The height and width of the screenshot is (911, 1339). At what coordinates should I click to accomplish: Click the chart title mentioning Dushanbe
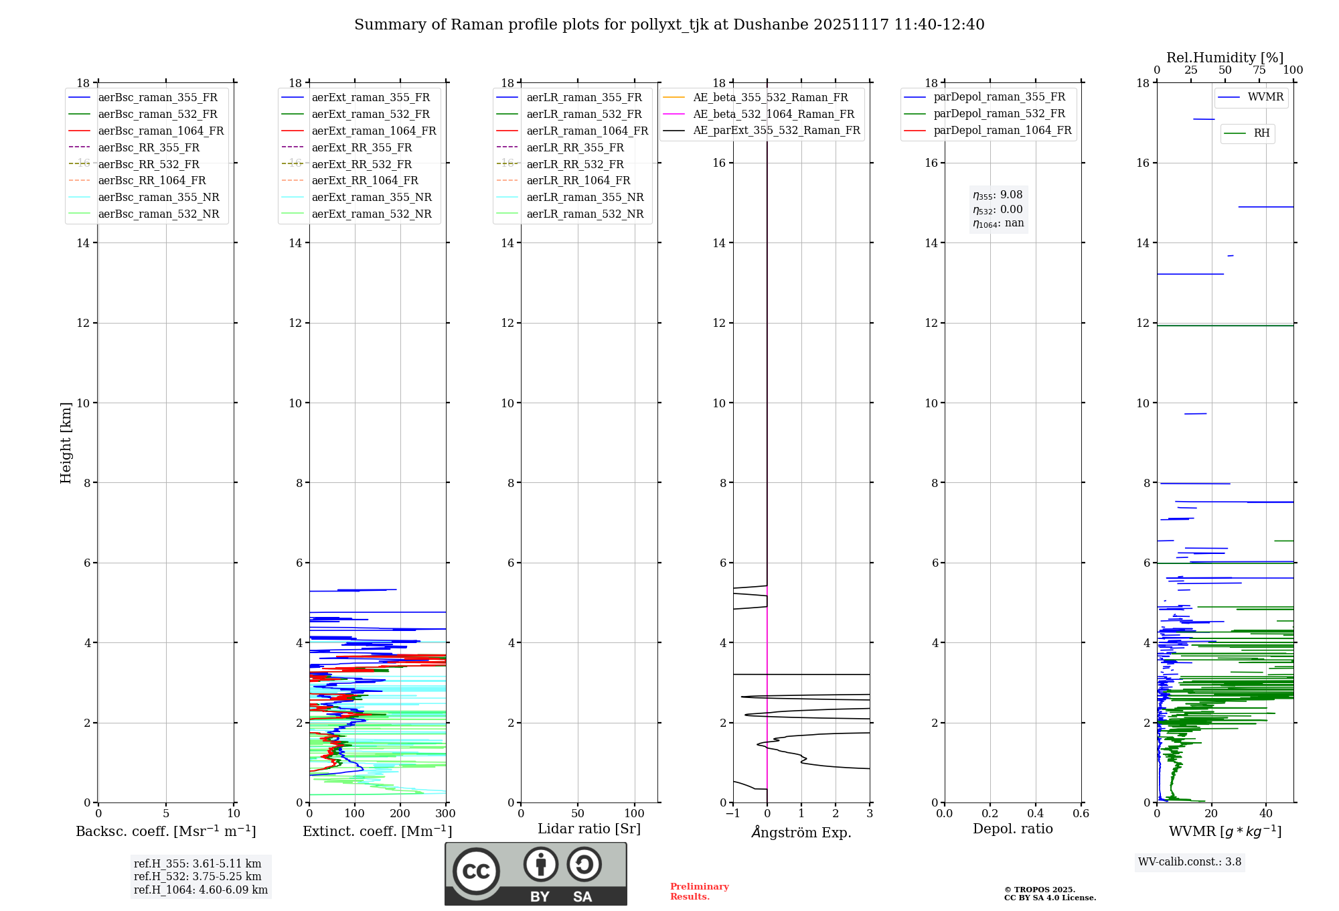669,25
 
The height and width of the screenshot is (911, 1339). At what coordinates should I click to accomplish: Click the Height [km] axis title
66,443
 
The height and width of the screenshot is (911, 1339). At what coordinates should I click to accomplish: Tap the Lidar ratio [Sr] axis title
589,829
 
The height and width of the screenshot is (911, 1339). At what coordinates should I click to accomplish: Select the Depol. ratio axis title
1012,829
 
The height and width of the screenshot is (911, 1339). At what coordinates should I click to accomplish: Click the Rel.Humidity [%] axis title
1225,58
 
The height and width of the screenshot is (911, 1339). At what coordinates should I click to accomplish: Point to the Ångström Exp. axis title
801,832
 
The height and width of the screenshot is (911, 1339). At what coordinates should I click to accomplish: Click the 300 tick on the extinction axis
445,814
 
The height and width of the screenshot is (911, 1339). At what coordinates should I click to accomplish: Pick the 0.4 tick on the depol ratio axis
1035,814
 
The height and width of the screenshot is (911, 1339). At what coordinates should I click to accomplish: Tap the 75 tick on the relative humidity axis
1259,70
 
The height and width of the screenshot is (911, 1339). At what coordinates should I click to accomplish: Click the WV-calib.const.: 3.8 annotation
1190,861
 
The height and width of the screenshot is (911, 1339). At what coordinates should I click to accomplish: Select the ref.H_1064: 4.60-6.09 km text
201,890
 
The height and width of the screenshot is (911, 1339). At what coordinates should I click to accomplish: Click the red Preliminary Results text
699,891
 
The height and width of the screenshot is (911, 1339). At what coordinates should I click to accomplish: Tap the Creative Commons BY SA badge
536,873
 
